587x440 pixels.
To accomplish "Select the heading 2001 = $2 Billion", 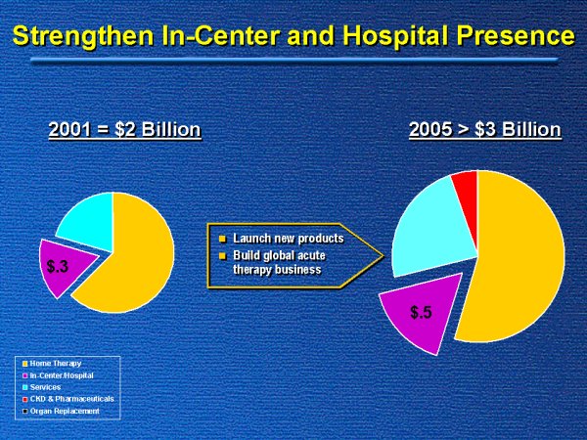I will pos(125,130).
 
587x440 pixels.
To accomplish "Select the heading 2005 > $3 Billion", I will pos(484,130).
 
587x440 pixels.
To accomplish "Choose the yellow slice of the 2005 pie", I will pos(519,264).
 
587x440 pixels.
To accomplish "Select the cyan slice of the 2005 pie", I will pos(430,230).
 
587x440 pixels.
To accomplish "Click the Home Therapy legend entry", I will pos(56,364).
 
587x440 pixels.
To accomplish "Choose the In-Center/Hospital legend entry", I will pos(64,375).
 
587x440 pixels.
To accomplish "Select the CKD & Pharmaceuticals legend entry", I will pos(70,399).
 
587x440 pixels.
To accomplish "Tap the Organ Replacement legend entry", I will pos(65,411).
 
